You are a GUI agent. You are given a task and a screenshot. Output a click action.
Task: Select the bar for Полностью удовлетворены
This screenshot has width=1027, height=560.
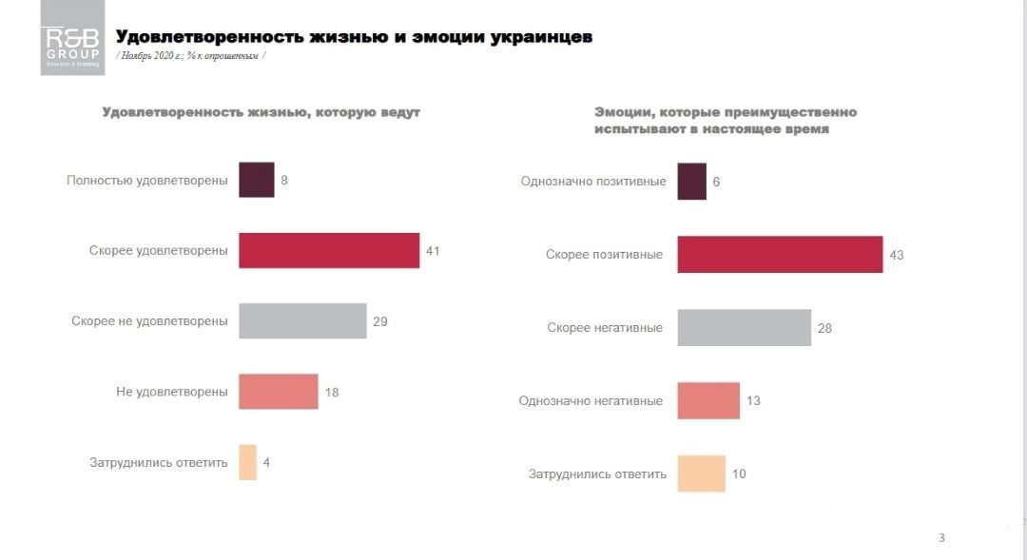(x=257, y=180)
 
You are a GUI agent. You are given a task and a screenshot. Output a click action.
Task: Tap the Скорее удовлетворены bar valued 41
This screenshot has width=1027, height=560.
(x=329, y=250)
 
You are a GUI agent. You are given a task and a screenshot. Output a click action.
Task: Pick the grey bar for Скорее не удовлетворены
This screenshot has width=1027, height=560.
(x=302, y=321)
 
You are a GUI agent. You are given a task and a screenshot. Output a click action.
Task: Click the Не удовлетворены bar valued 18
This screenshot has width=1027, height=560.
(x=279, y=392)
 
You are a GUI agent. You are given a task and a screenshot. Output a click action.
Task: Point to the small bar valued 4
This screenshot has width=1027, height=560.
(x=247, y=462)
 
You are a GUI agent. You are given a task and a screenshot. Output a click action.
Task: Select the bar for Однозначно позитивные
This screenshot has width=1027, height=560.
(x=691, y=182)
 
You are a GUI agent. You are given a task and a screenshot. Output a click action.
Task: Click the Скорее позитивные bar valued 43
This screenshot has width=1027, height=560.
(x=780, y=255)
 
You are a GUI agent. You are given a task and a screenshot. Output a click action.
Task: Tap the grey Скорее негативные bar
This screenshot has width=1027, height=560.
(x=744, y=328)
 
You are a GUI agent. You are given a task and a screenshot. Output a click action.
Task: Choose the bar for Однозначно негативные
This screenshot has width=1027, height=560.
(x=708, y=400)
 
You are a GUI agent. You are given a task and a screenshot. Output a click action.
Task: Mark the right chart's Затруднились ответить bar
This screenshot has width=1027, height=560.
(x=701, y=473)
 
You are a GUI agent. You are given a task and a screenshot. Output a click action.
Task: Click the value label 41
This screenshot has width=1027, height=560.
(x=433, y=251)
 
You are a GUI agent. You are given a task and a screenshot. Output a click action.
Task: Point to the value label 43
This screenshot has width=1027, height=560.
(x=896, y=256)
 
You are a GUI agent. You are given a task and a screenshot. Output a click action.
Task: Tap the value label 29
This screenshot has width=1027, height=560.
(x=380, y=321)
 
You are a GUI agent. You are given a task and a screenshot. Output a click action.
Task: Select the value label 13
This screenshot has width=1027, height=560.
(x=753, y=401)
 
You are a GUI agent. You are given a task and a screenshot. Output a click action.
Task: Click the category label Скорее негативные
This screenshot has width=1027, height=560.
(x=605, y=328)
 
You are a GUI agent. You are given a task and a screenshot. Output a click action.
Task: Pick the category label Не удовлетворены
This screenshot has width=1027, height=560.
(x=172, y=392)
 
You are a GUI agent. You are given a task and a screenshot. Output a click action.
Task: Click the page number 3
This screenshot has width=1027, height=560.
(x=941, y=538)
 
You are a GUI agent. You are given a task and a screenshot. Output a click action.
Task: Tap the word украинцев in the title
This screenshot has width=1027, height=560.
(x=543, y=37)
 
